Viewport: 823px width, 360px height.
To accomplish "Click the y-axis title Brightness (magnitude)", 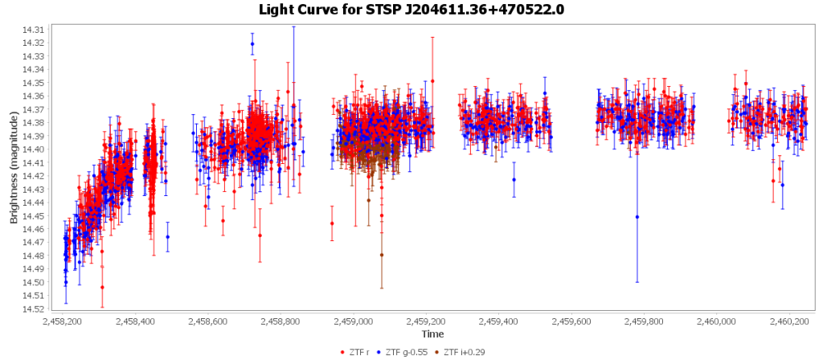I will [x=14, y=168].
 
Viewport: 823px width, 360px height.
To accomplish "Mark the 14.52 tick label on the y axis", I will [x=35, y=309].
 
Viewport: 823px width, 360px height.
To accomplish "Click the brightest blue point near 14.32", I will [x=252, y=43].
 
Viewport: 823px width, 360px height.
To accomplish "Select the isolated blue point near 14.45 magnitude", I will [x=637, y=217].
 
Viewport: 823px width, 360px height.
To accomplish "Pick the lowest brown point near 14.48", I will [x=382, y=255].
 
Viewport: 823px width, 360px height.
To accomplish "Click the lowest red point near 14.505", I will [x=102, y=287].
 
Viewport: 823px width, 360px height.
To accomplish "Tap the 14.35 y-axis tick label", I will [x=35, y=83].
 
